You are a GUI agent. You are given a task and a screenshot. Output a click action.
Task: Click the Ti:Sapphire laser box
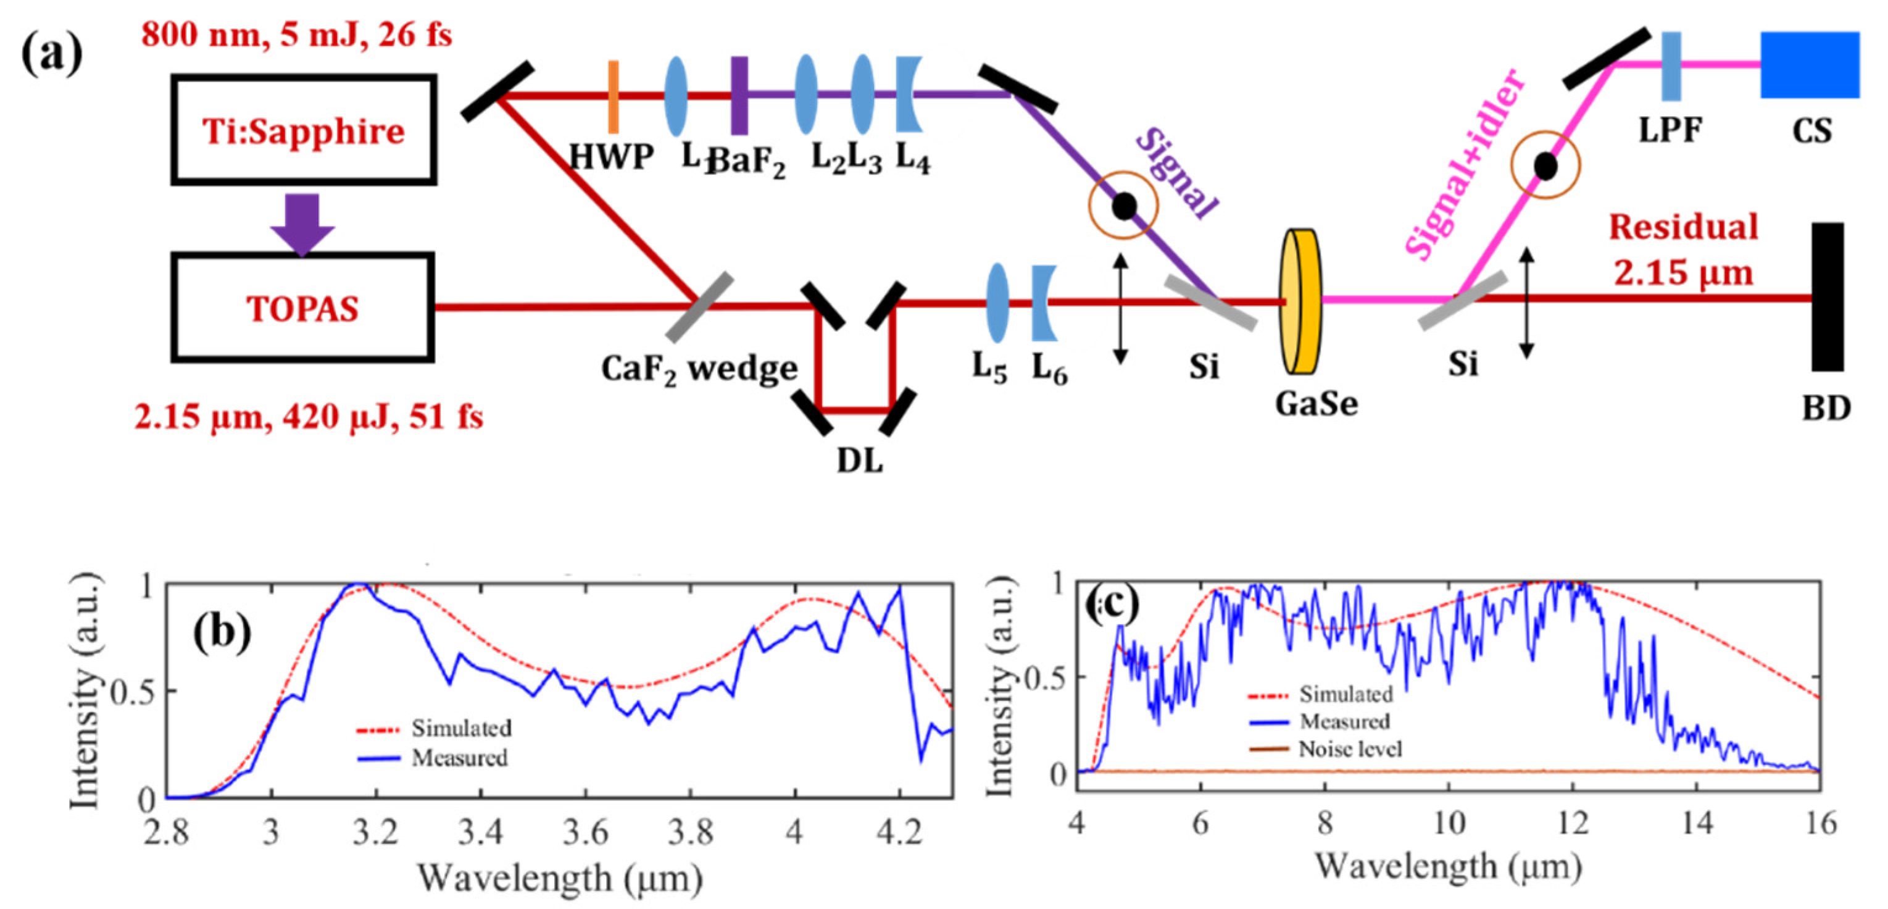pos(304,130)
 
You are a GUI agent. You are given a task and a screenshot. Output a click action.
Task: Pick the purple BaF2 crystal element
pos(739,95)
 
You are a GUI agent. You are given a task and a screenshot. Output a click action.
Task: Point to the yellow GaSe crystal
pos(1301,301)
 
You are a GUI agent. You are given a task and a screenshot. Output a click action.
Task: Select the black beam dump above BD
pos(1827,297)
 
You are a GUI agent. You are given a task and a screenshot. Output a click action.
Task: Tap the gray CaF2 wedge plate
pos(699,307)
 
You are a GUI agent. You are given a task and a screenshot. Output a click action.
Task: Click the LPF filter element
pos(1671,65)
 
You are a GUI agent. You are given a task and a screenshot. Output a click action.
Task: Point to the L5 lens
pos(997,303)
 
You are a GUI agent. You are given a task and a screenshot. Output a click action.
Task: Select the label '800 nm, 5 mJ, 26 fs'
pos(296,35)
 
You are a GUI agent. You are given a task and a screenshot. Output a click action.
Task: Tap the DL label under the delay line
pos(860,461)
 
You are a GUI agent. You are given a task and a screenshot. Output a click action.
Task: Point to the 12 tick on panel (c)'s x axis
pos(1572,824)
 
